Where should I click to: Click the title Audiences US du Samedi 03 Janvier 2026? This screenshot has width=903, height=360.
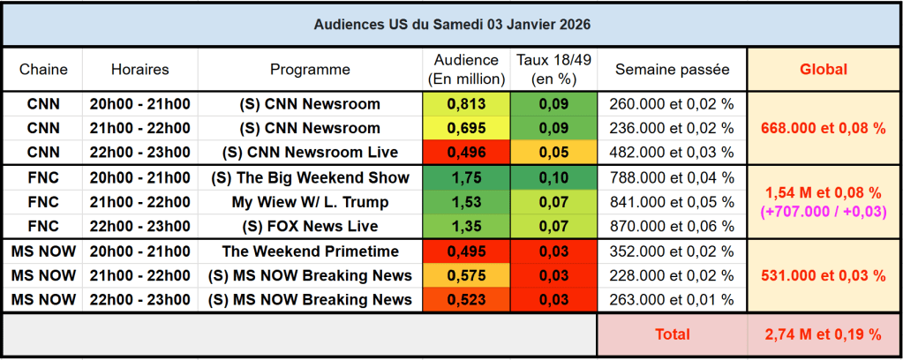pos(451,24)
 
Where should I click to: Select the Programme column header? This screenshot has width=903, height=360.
pos(310,69)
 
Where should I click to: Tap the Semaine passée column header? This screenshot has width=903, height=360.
pos(672,69)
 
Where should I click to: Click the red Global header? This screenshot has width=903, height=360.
pos(823,69)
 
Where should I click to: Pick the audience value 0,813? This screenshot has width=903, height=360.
pos(466,103)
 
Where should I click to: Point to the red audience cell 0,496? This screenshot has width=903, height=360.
pos(466,152)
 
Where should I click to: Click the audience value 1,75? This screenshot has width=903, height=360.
pos(466,177)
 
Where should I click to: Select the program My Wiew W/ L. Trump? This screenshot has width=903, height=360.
pos(310,202)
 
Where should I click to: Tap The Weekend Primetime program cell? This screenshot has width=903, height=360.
pos(310,251)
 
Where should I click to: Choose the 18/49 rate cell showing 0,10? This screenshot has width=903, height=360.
pos(553,177)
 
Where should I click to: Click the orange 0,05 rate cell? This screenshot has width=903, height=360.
pos(553,152)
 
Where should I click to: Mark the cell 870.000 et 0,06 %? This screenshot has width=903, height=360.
pos(672,226)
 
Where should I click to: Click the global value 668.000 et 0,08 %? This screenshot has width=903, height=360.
pos(823,128)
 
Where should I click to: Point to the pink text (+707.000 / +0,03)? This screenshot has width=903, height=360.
pos(823,212)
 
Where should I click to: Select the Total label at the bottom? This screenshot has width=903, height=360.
pos(672,334)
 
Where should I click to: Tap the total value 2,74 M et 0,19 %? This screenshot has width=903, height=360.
pos(823,334)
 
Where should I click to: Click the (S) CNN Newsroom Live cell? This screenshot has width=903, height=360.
pos(310,152)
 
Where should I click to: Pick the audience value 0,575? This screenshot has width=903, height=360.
pos(466,275)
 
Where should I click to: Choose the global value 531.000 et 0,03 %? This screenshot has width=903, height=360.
pos(823,275)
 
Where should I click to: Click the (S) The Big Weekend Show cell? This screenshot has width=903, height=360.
pos(310,177)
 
